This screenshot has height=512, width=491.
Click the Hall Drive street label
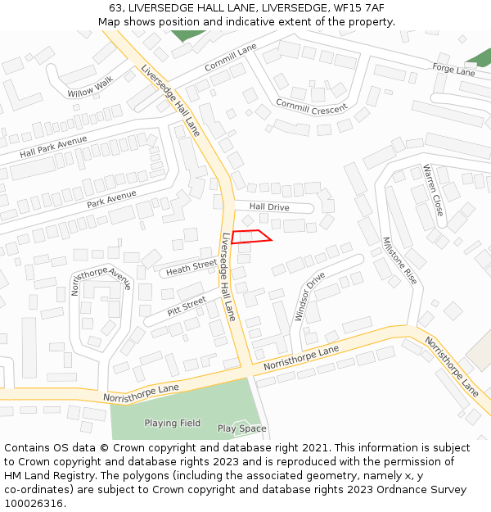click(x=269, y=207)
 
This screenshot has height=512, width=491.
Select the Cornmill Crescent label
click(x=311, y=106)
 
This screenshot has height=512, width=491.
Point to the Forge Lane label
click(x=453, y=70)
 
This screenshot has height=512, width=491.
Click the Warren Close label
click(x=432, y=190)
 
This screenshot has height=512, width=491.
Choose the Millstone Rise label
click(x=399, y=261)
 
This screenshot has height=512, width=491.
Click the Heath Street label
click(x=191, y=267)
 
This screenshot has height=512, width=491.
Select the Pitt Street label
click(x=187, y=307)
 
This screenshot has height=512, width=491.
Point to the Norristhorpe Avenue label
click(x=101, y=282)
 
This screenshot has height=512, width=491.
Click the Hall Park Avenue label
click(x=53, y=147)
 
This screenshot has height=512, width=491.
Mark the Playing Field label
click(x=173, y=424)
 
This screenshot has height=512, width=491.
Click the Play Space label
click(x=241, y=428)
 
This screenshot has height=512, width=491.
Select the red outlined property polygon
click(x=250, y=237)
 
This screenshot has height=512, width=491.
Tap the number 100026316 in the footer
click(x=34, y=504)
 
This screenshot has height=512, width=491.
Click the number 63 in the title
click(x=115, y=7)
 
